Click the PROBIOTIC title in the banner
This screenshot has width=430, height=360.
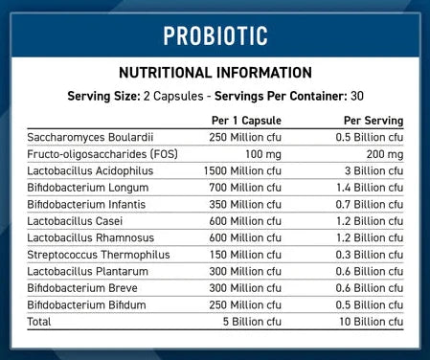click(215, 35)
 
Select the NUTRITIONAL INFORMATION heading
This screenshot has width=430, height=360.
click(215, 73)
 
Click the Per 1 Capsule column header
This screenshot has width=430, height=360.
click(245, 121)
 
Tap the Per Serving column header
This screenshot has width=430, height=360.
click(373, 121)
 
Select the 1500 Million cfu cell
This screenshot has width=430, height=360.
click(242, 170)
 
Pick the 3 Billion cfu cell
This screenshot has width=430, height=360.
click(371, 170)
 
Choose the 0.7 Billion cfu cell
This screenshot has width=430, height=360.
click(367, 203)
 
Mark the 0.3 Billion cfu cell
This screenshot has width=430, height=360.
click(367, 253)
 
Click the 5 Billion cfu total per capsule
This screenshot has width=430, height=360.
click(252, 320)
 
